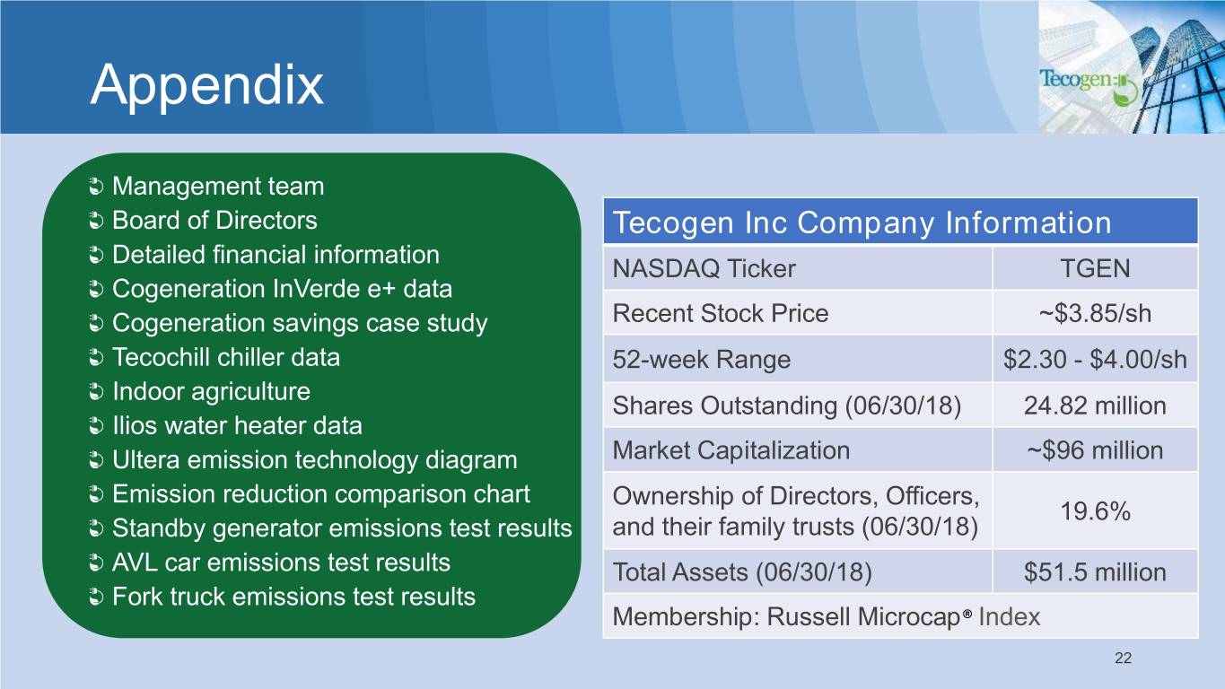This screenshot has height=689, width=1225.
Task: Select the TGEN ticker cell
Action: coord(1095,268)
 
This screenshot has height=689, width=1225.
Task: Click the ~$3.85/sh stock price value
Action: coord(1095,314)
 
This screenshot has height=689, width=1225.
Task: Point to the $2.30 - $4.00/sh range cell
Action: coord(1095,360)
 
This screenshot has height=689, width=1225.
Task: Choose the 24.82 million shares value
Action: coord(1095,406)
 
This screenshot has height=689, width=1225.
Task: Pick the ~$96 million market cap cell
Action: coord(1095,450)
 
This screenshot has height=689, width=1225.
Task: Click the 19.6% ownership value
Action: coord(1095,511)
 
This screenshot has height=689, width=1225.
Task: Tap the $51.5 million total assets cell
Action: coord(1095,572)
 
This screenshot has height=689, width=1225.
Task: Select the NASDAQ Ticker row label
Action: coord(704,268)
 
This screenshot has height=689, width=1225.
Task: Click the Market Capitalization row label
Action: coord(731,450)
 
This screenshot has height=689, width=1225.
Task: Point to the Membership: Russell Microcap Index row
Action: coord(827,617)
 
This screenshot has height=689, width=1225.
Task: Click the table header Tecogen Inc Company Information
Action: coord(862,222)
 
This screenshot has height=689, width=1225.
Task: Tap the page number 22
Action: coord(1123,658)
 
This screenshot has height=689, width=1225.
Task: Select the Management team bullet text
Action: coord(218,187)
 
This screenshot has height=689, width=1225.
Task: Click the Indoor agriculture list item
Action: coord(211,392)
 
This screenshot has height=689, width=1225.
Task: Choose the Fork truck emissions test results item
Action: coord(293,597)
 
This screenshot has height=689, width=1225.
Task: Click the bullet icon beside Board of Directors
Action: coord(96,222)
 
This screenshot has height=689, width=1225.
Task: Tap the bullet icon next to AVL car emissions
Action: coord(96,563)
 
